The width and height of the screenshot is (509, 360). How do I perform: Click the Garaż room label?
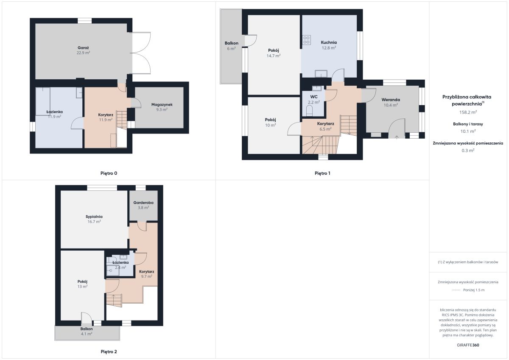pyautogui.click(x=83, y=47)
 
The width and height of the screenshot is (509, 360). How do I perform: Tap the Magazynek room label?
pyautogui.click(x=162, y=104)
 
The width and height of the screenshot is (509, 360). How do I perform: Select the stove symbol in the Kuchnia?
pyautogui.click(x=307, y=40)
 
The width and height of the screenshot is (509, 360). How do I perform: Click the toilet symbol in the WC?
pyautogui.click(x=309, y=111)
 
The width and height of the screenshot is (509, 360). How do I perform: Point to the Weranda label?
pyautogui.click(x=391, y=100)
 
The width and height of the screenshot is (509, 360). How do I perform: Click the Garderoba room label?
pyautogui.click(x=143, y=203)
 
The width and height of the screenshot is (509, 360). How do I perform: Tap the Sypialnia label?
pyautogui.click(x=94, y=217)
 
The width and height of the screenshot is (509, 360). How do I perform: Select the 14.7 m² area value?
pyautogui.click(x=273, y=56)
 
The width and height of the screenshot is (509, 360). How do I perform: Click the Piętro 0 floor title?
pyautogui.click(x=109, y=173)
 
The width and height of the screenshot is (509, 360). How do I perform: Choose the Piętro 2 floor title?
pyautogui.click(x=109, y=352)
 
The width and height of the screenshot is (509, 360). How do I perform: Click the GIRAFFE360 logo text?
pyautogui.click(x=468, y=345)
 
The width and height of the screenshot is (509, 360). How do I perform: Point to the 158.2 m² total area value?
pyautogui.click(x=468, y=112)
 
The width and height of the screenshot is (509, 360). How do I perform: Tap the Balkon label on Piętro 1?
pyautogui.click(x=231, y=43)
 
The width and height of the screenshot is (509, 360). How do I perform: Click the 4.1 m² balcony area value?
pyautogui.click(x=87, y=334)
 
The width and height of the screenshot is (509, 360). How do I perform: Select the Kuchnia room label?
pyautogui.click(x=329, y=42)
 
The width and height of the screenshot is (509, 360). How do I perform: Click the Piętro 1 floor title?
pyautogui.click(x=322, y=173)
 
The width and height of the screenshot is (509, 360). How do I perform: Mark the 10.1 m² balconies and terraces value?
pyautogui.click(x=468, y=131)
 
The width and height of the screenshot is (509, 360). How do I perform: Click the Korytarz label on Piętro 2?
pyautogui.click(x=147, y=271)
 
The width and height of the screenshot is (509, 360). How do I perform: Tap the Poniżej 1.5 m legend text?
pyautogui.click(x=474, y=290)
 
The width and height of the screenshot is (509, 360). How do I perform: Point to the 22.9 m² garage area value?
pyautogui.click(x=83, y=53)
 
